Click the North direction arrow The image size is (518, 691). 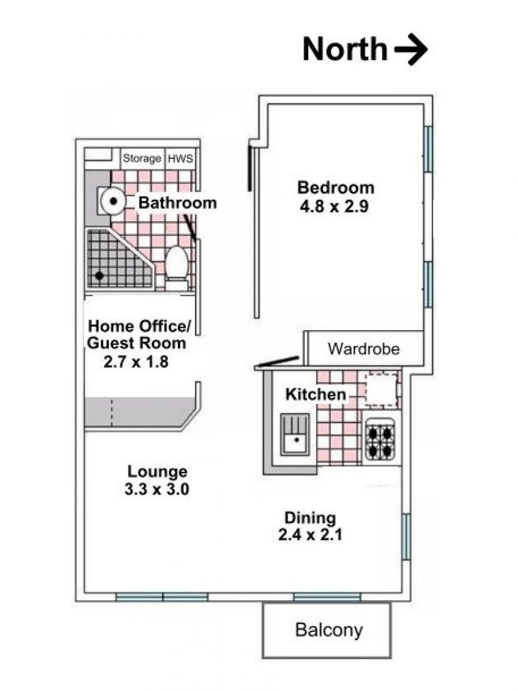coord(410,49)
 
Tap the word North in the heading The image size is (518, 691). coord(345,49)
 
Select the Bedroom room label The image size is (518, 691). coord(335,187)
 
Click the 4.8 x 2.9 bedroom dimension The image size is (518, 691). coord(334,206)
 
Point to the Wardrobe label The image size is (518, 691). coord(363,349)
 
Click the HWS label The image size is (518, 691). coord(181,158)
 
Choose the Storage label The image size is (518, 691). coord(142,158)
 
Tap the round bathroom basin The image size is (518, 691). coord(113,202)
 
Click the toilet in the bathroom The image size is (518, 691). coord(177,267)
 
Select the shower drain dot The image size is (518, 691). coord(99,275)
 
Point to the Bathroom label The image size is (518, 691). coord(177,203)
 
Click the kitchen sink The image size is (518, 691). coord(295,434)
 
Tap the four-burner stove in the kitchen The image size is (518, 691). coord(380,438)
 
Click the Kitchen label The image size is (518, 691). coord(315,394)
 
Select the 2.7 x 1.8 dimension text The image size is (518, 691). coord(136,362)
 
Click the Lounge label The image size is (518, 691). coord(157,471)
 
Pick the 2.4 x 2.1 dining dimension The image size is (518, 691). coord(310,535)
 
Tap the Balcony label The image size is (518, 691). coord(329,630)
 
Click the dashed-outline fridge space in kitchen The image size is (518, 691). coord(382,389)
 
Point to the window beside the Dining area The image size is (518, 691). coord(406,536)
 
